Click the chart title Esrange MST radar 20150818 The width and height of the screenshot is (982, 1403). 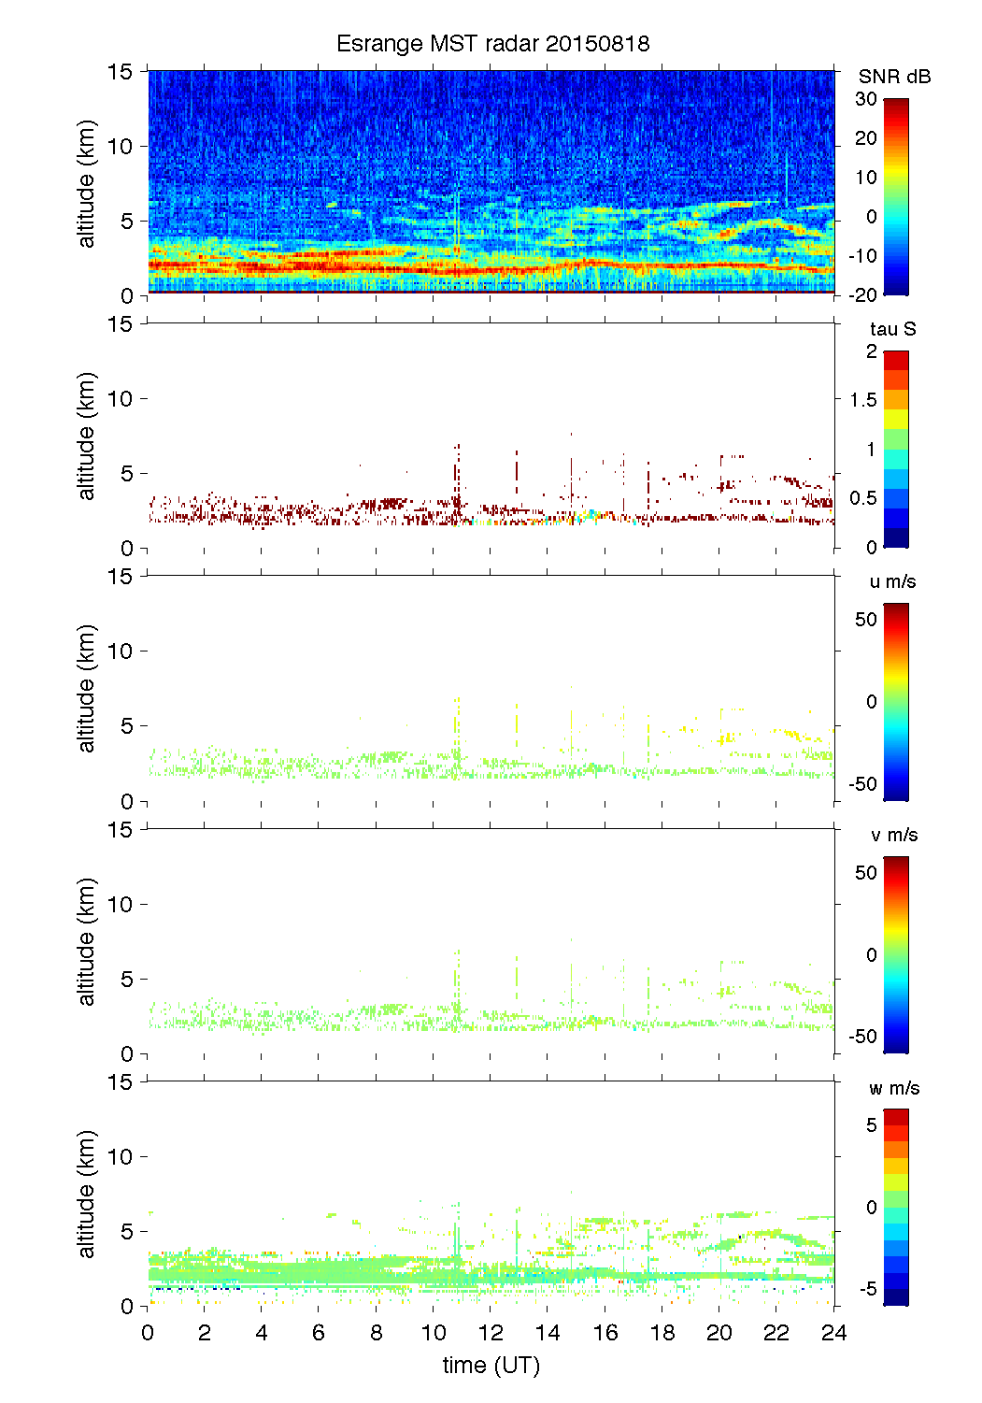click(492, 44)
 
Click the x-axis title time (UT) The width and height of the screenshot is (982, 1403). click(491, 1366)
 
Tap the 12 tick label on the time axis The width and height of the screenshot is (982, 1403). click(491, 1333)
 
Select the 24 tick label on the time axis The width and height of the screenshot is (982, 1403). click(833, 1333)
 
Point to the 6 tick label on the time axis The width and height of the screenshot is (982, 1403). click(319, 1333)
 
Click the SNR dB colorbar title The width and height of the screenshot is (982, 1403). click(894, 77)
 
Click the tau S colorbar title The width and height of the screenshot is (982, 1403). click(892, 329)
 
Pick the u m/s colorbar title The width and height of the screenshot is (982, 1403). click(892, 581)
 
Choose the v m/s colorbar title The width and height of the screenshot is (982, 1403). click(893, 835)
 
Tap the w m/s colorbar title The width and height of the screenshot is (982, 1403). click(894, 1088)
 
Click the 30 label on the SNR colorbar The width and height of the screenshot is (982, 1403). click(866, 99)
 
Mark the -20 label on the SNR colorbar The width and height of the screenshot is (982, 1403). click(862, 294)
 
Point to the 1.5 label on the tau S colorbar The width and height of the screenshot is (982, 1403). click(863, 400)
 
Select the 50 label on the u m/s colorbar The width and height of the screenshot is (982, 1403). click(866, 620)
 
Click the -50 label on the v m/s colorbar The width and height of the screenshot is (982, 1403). click(862, 1036)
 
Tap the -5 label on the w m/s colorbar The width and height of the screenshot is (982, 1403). click(866, 1289)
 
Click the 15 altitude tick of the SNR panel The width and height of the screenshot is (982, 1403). click(121, 71)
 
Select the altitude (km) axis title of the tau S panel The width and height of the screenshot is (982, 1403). click(87, 437)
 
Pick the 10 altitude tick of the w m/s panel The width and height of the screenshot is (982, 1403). click(121, 1156)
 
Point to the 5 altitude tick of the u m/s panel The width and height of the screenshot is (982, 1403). click(127, 725)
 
